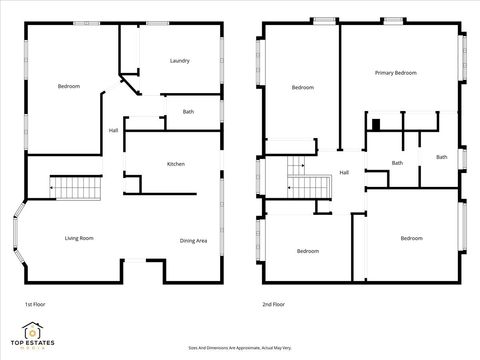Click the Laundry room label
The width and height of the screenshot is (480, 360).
[180, 61]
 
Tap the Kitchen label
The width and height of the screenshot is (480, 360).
[175, 164]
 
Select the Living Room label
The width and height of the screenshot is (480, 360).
[79, 238]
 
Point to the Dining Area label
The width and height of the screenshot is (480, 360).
[193, 240]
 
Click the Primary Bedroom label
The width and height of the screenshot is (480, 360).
[395, 73]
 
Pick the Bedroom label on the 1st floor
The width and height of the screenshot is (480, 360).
[68, 87]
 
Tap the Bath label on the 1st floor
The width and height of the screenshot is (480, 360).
[188, 111]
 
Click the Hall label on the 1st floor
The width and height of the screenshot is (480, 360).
[113, 130]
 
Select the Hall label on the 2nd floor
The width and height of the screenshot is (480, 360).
[344, 172]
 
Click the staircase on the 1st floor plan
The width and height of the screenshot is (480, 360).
[78, 186]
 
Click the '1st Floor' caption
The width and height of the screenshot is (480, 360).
[35, 303]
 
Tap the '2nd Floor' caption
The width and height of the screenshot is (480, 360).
[273, 303]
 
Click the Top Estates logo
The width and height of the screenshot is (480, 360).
[33, 335]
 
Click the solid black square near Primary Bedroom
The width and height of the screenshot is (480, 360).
[375, 124]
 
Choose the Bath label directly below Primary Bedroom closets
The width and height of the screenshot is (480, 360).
[397, 163]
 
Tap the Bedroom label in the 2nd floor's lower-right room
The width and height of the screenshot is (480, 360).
[411, 238]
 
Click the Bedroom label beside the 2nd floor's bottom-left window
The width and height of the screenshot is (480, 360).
[307, 251]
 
